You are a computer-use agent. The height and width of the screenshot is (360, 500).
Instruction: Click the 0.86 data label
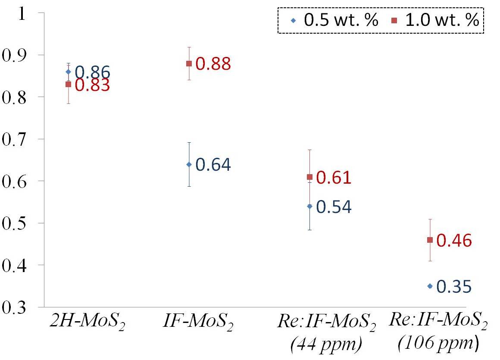(93, 72)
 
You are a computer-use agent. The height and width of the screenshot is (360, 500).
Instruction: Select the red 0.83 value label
(93, 85)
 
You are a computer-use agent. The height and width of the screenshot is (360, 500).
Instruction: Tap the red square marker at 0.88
(189, 64)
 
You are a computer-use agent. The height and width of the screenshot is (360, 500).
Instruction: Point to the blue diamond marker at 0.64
(189, 164)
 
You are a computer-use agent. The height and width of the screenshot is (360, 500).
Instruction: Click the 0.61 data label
(334, 178)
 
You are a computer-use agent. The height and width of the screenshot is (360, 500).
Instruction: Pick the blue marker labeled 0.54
(309, 206)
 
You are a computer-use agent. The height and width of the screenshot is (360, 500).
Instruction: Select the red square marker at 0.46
(430, 240)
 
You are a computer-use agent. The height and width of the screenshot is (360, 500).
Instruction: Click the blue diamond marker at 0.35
(430, 286)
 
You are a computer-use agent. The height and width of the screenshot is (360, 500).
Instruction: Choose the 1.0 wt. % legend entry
(435, 21)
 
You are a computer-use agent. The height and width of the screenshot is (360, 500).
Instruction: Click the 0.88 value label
(213, 64)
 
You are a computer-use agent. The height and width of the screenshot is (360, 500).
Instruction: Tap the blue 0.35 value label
(454, 287)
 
